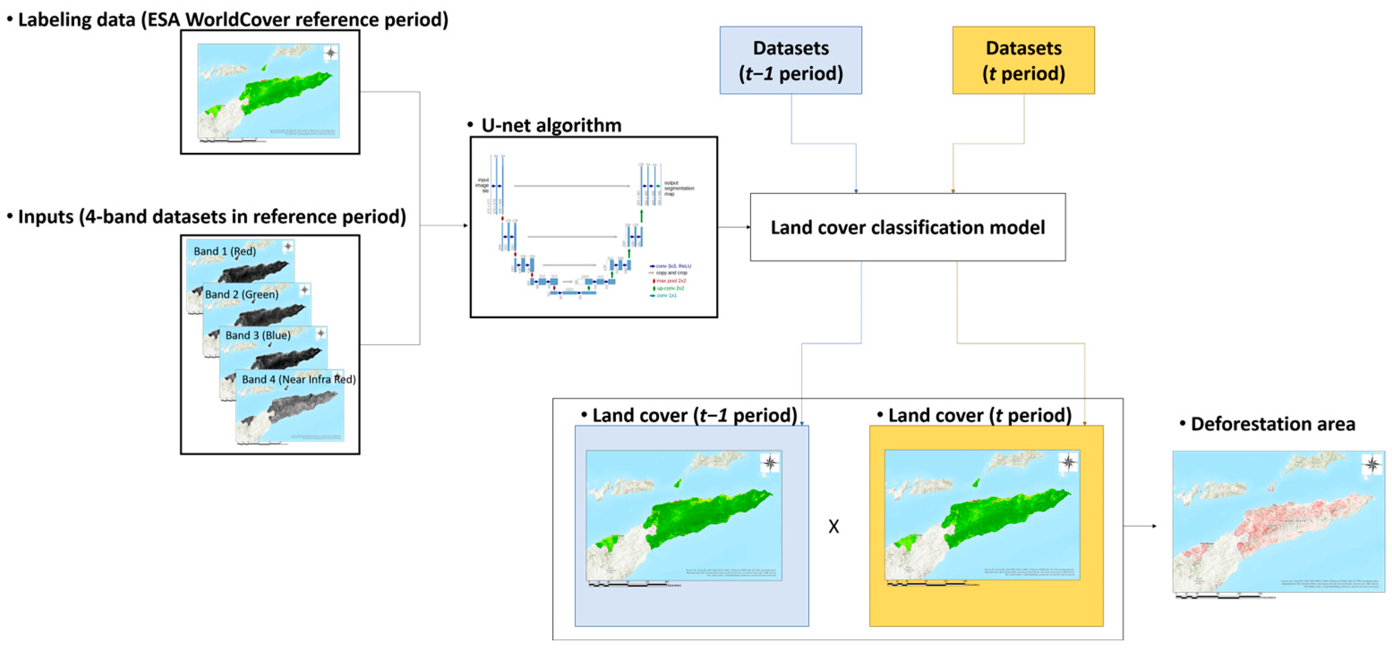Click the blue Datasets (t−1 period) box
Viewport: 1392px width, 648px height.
[x=790, y=60]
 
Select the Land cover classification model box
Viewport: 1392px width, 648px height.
[x=907, y=227]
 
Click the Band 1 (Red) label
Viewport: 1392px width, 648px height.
[x=225, y=251]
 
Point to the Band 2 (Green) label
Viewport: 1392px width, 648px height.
[x=242, y=294]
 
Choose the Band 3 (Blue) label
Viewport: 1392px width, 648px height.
[x=258, y=335]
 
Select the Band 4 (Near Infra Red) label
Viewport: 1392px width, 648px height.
[x=298, y=379]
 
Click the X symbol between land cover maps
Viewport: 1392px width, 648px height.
[x=833, y=526]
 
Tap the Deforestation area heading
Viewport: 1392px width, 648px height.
[x=1272, y=424]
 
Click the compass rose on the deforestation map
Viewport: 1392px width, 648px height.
[x=1371, y=464]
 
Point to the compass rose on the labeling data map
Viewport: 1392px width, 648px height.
[x=331, y=53]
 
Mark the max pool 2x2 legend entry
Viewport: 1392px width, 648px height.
[x=670, y=281]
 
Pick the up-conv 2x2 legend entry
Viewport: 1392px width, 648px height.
[x=670, y=288]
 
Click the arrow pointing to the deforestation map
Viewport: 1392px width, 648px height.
[x=1140, y=525]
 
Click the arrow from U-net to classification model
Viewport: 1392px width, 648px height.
[x=734, y=227]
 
